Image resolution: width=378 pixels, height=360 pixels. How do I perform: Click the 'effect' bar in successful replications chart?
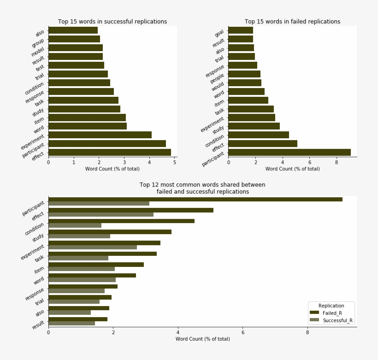[110, 153]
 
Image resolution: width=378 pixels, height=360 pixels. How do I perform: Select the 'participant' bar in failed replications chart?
[289, 153]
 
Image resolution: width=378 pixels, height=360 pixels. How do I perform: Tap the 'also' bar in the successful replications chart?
[73, 30]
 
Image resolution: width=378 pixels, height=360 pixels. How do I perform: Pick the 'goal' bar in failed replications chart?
[241, 30]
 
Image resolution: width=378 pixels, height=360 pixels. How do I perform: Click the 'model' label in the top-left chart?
[38, 51]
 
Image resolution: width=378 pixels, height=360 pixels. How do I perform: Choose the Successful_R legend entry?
[337, 320]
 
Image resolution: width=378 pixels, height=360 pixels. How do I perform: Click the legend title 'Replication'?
[331, 306]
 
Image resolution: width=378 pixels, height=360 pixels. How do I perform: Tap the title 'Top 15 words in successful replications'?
[112, 22]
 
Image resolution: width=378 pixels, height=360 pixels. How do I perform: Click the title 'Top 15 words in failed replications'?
[292, 22]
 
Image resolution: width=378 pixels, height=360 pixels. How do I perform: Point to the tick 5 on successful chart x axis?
[175, 162]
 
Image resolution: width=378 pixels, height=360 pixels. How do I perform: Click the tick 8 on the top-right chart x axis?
[337, 162]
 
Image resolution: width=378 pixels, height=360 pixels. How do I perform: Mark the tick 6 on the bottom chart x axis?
[243, 332]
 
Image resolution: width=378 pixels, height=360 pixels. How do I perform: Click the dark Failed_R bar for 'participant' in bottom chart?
[195, 199]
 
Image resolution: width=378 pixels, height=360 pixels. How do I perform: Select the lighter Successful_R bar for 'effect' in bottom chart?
[101, 214]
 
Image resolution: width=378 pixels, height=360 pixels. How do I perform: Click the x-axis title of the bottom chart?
[202, 339]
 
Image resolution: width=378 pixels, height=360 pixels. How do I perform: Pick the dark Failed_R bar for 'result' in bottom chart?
[78, 319]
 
